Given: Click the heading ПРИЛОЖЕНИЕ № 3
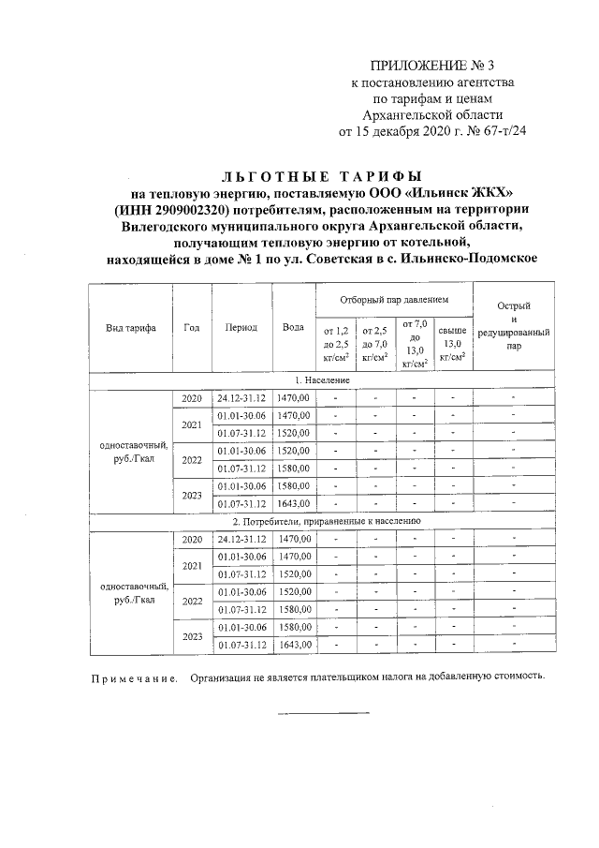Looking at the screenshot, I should (x=431, y=66).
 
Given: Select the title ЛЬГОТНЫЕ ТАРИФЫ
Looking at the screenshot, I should (x=321, y=175).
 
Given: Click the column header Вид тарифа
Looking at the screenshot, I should (x=131, y=328).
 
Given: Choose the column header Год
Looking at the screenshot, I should (x=192, y=328).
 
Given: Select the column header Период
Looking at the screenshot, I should (x=241, y=328).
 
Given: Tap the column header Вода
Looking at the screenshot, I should (x=293, y=328).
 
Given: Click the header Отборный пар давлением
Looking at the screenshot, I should (x=393, y=299).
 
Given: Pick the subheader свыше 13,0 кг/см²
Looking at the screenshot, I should (x=452, y=344).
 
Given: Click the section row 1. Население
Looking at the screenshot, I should (x=321, y=380).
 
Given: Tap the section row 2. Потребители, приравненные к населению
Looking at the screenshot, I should (x=321, y=518).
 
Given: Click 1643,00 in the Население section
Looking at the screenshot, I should (x=293, y=503).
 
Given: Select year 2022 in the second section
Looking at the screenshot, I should (x=192, y=601).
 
